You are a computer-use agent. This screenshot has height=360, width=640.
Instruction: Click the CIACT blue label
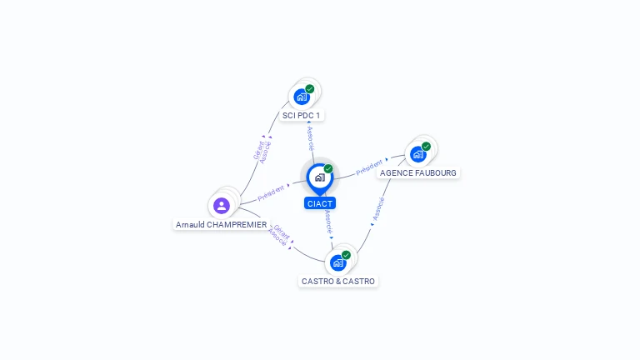coord(320,203)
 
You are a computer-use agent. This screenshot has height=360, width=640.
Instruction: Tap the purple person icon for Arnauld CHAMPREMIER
coord(222,206)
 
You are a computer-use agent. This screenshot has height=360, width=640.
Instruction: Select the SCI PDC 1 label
coord(301,116)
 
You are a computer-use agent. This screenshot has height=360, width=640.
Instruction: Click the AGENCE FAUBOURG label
coord(418,173)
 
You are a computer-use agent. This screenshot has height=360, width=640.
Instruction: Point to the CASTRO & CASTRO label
coord(338,281)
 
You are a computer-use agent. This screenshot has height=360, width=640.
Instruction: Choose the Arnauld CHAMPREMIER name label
coord(221,224)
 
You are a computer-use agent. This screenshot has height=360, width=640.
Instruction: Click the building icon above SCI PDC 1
coord(302,97)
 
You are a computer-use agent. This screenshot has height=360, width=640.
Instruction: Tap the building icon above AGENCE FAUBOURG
coord(418,155)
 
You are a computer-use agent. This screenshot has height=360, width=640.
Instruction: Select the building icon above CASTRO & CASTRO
coord(338,263)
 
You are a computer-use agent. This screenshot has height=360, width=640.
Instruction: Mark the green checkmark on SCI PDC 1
coord(310,89)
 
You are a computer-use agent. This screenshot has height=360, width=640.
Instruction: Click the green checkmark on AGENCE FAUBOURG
coord(426,147)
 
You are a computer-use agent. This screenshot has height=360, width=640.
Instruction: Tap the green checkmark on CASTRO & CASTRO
coord(346,255)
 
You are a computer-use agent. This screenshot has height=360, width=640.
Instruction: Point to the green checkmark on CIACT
coord(328,168)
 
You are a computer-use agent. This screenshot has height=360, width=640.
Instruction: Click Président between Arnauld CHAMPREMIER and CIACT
coord(271,193)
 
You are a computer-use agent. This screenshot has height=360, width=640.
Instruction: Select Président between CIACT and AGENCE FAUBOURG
coord(369,167)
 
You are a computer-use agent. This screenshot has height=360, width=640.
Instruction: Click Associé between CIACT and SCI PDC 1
coord(311,138)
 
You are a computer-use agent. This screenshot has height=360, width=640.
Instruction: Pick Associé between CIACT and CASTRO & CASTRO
coord(328,222)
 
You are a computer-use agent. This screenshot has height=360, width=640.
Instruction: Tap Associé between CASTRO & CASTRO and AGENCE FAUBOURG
coord(379,209)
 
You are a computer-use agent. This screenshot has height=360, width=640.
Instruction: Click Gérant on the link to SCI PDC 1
coord(258,150)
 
